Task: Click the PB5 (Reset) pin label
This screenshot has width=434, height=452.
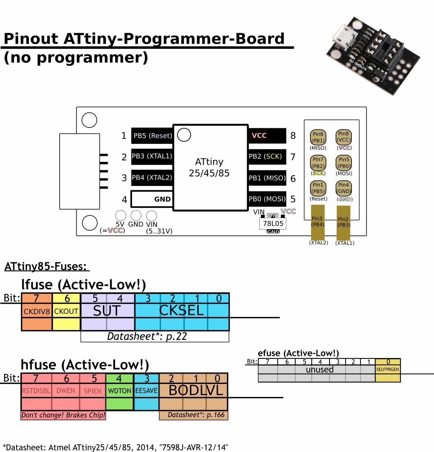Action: tap(152, 136)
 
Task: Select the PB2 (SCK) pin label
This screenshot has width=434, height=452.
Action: tap(266, 156)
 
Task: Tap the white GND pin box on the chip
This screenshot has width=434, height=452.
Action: tap(152, 199)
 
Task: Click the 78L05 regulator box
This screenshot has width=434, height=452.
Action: tap(273, 224)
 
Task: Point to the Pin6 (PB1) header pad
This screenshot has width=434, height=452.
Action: tap(318, 137)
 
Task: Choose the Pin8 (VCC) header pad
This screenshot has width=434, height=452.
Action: tap(344, 137)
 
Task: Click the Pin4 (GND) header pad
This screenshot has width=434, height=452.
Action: tap(344, 188)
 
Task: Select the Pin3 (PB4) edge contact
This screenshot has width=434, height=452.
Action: tap(317, 222)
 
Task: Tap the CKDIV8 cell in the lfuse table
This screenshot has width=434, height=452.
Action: tap(37, 312)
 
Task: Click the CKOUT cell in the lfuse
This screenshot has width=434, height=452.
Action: tap(66, 312)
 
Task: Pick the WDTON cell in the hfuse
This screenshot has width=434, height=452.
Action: tap(120, 391)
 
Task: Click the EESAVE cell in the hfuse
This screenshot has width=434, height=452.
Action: tap(146, 391)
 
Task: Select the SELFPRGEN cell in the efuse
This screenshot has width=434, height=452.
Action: tap(387, 369)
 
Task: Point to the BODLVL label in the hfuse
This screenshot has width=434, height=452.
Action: tap(196, 390)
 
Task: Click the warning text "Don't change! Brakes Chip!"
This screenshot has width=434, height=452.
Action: tap(63, 415)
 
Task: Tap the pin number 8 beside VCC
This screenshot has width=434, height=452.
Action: tap(293, 136)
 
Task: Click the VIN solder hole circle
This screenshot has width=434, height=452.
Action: tap(151, 215)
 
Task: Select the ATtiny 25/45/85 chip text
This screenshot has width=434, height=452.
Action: tap(209, 167)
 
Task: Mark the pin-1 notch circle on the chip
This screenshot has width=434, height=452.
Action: tap(184, 135)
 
